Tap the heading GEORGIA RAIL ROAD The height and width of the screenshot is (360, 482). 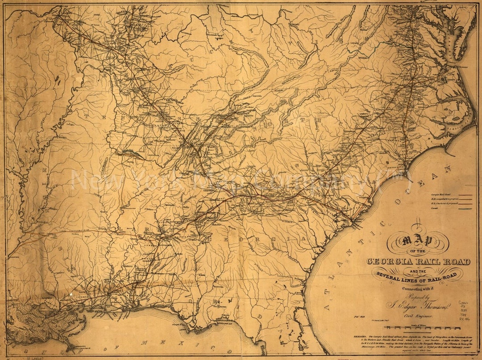[x=418, y=261]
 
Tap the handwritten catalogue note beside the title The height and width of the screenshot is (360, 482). [x=469, y=307]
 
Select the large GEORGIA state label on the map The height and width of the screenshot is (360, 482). [x=254, y=240]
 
